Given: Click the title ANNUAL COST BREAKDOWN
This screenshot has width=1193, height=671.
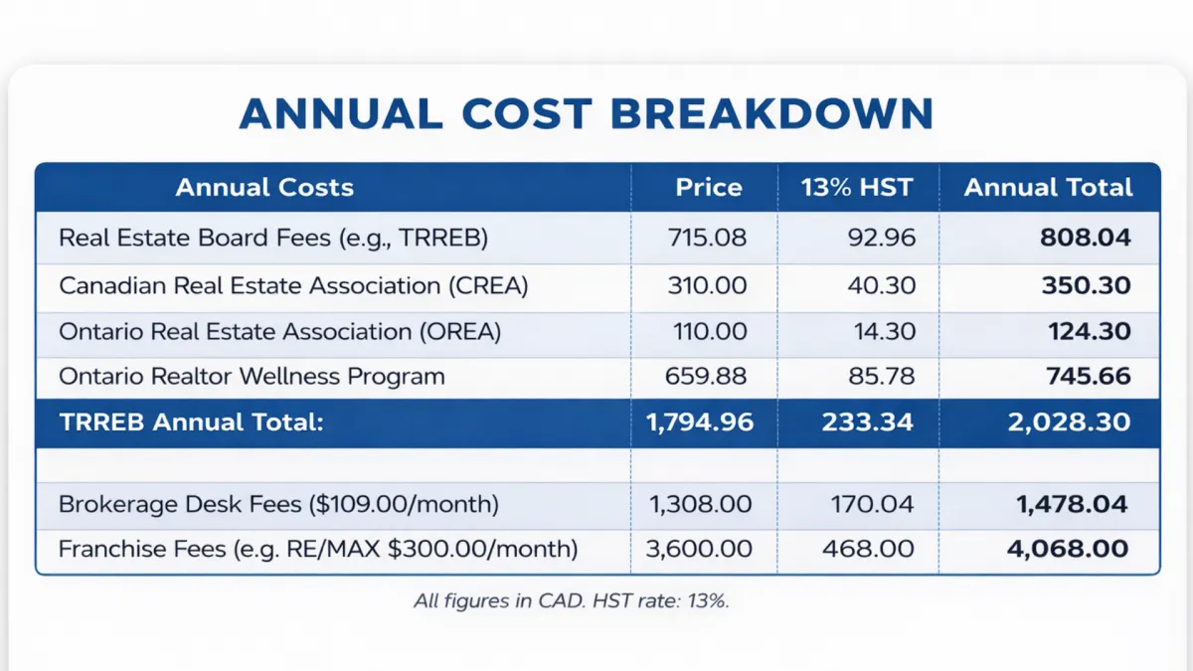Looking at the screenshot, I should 587,113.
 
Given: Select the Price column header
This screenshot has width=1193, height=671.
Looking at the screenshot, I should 709,187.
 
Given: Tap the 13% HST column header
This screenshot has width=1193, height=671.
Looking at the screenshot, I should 857,187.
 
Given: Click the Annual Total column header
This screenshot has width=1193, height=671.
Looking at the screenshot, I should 1048,187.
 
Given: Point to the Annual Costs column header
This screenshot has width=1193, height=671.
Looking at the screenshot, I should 264,187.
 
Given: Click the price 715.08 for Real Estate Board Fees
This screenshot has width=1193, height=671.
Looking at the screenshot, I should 709,239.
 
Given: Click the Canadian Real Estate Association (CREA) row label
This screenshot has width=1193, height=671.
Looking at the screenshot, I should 293,285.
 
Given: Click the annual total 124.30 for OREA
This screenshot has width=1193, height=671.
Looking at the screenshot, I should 1089,331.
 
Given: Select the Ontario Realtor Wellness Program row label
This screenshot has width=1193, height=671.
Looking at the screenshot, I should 252,377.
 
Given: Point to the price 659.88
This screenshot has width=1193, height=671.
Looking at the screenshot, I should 707,377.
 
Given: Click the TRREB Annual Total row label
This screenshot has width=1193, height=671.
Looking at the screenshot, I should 192,421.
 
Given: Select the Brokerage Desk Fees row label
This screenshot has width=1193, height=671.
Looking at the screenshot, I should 278,504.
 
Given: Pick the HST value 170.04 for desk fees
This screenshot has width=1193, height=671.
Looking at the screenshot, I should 872,504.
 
